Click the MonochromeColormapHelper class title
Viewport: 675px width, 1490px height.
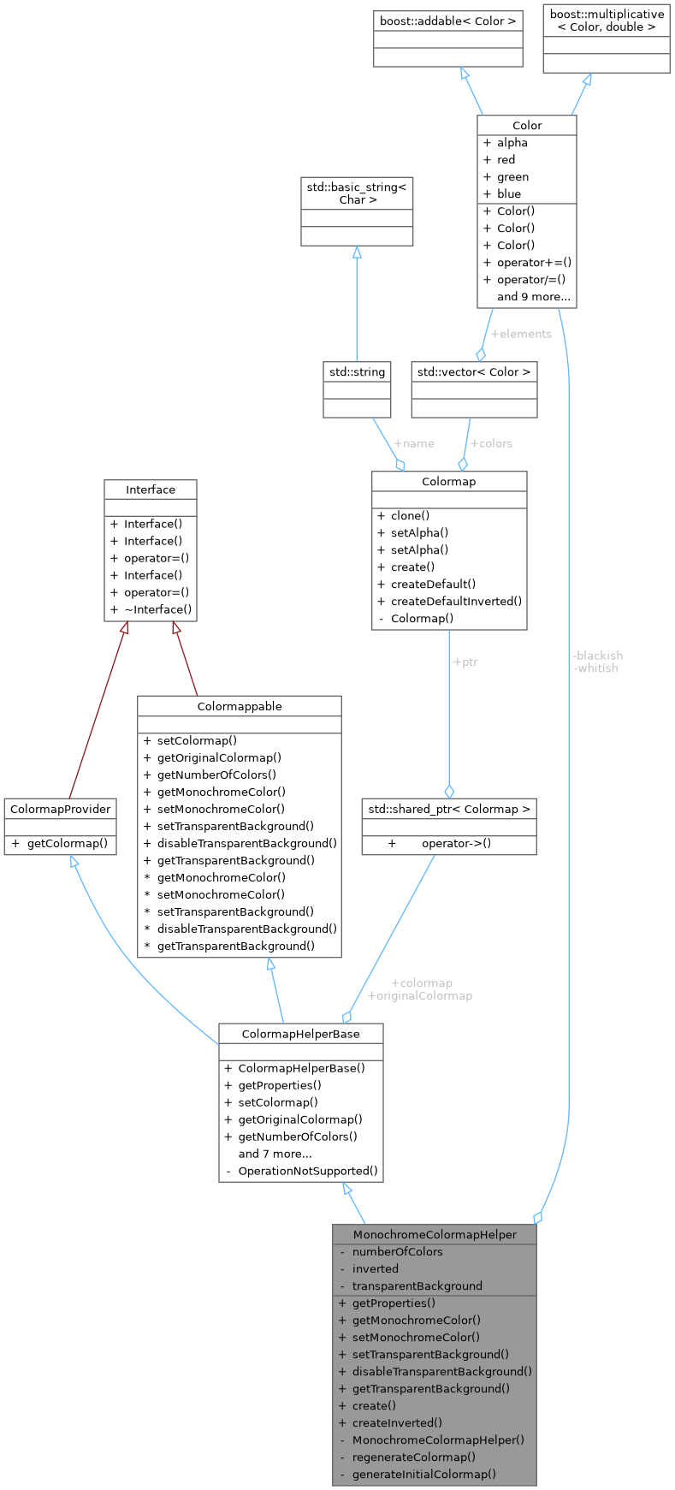coord(435,1234)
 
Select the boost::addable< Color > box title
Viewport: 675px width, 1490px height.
coord(448,21)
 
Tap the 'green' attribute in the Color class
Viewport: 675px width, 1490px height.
coord(512,176)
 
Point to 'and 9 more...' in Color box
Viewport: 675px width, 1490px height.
coord(533,296)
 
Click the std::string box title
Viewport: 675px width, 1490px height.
coord(357,371)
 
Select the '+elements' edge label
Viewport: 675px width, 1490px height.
coord(520,334)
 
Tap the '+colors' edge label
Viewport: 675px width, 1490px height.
coord(491,443)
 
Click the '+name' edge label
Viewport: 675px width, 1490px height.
coord(413,443)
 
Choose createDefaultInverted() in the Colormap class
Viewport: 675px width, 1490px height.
coord(456,601)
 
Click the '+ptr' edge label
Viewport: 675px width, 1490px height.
coord(465,662)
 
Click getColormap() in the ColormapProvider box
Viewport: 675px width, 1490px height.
coord(67,843)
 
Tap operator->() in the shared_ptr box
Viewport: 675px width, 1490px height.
coord(456,843)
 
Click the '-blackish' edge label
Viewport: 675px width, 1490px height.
coord(597,656)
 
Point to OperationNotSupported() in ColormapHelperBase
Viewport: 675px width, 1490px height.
coord(307,1171)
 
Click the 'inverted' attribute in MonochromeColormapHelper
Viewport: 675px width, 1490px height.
coord(375,1268)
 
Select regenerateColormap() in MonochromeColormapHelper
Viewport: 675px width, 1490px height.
coord(413,1457)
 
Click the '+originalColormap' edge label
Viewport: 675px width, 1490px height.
coord(420,995)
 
